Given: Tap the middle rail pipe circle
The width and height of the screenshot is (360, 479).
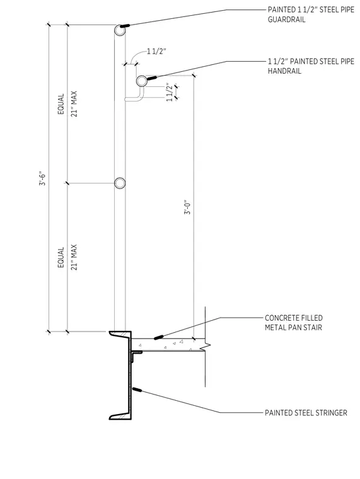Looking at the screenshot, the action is [120, 183].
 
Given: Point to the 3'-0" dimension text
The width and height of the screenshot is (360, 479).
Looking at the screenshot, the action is [187, 207].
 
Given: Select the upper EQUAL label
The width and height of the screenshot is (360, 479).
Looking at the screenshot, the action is [61, 104].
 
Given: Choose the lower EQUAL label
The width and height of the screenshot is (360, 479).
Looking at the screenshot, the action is [61, 257].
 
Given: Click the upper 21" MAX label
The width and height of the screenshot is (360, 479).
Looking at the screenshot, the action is [74, 104].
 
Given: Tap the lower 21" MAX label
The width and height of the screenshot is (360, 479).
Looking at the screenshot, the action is [74, 257].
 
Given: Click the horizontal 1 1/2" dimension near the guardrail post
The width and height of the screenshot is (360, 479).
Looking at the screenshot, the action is [157, 51].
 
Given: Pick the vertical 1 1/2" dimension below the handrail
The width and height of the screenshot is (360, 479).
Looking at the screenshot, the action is [170, 92].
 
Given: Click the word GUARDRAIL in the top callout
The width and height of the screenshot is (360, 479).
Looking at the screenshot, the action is [286, 20].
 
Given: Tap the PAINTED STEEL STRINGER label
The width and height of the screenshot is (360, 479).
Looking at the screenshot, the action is [306, 413].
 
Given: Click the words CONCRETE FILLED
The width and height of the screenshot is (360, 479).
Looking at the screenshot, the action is [294, 318].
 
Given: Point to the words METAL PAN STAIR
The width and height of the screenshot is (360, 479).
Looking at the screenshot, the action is [293, 328].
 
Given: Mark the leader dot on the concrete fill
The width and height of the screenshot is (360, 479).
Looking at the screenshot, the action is [158, 337].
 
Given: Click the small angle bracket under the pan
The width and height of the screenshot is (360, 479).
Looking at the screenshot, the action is [135, 354].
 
